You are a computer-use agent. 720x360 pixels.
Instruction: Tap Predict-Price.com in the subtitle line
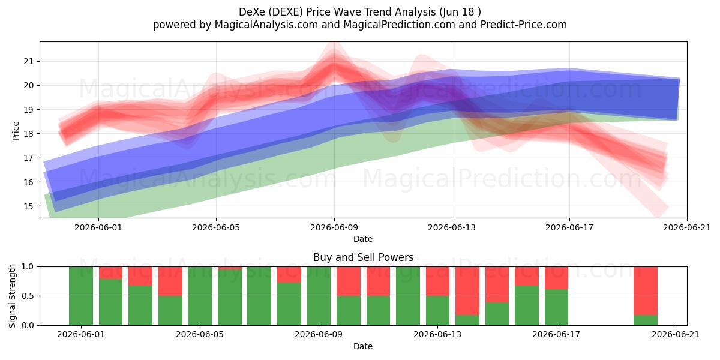(x=524, y=25)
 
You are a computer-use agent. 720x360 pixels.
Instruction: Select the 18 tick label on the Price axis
(x=29, y=134)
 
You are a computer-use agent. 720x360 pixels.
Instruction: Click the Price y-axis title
(x=16, y=131)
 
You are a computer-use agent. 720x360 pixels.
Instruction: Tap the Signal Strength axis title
(x=12, y=296)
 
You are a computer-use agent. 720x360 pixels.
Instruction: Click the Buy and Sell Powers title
(x=363, y=257)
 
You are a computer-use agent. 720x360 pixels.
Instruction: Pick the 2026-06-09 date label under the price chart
(x=334, y=227)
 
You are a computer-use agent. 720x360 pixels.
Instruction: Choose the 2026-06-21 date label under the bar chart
(x=676, y=335)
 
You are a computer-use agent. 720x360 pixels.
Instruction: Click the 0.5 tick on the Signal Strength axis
(x=28, y=296)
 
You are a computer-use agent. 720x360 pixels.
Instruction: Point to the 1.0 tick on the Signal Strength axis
(x=28, y=267)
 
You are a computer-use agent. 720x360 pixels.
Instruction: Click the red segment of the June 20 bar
(x=646, y=291)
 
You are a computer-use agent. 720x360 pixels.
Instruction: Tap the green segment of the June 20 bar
(x=646, y=320)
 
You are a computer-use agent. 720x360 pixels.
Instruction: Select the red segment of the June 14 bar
(x=467, y=291)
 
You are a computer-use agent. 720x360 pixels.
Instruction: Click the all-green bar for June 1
(x=81, y=296)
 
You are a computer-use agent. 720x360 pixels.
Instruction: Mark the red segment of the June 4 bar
(x=170, y=281)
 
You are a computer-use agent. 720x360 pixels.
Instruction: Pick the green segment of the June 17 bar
(x=556, y=307)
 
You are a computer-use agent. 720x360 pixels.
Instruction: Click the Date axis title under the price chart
(x=363, y=239)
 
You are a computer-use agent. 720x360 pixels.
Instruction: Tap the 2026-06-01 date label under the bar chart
(x=81, y=335)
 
